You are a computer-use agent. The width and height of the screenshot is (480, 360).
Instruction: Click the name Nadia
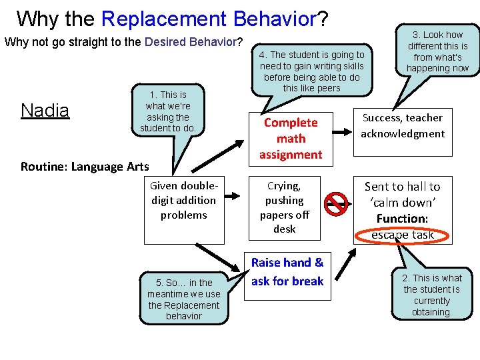(45, 110)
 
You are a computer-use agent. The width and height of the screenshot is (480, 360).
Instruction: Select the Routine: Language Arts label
(85, 167)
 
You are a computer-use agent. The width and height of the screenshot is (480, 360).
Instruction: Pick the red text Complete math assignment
(291, 139)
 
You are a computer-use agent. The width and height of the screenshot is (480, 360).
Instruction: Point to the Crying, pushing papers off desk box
(284, 207)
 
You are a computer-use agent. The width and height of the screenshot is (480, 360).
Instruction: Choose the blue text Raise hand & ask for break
(287, 272)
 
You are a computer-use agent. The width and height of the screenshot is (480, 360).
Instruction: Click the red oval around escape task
(403, 235)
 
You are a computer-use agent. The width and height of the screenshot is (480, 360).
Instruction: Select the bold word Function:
(402, 219)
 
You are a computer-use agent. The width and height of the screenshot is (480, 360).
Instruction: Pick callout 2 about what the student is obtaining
(431, 295)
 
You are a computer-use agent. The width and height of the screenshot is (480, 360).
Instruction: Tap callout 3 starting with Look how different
(437, 51)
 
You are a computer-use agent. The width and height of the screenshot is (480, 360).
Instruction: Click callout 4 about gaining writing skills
(311, 71)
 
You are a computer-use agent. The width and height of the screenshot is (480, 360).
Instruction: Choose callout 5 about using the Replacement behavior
(183, 299)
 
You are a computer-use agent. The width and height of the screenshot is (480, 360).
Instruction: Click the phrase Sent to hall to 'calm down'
(402, 194)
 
